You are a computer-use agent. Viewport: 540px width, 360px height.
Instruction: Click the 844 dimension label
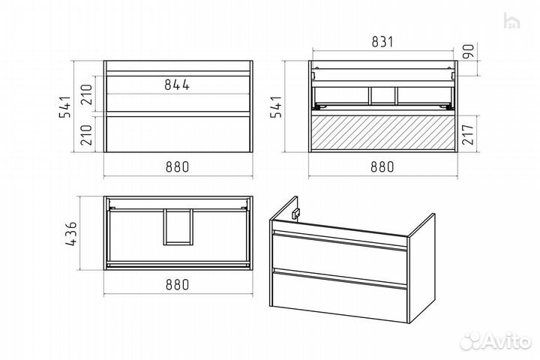point(177,85)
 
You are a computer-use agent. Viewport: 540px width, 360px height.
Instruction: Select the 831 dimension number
point(382,42)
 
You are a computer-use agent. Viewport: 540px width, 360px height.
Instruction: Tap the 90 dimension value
point(469,51)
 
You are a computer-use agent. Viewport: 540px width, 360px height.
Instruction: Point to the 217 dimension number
point(469,134)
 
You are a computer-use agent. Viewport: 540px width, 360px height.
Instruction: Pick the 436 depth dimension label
point(71,233)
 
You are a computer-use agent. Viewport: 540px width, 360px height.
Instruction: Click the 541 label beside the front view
point(64,106)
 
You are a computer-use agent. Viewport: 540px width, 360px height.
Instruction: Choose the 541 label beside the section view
point(276,106)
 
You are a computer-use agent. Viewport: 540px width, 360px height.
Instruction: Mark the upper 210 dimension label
point(86,94)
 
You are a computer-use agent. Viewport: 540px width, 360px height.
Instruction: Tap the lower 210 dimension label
point(86,134)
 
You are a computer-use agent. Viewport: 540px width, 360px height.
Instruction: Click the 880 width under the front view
point(177,167)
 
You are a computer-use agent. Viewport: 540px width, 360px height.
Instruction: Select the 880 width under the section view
point(382,167)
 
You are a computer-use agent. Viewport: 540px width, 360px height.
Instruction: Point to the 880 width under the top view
point(177,284)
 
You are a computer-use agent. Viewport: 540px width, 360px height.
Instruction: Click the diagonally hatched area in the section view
point(382,133)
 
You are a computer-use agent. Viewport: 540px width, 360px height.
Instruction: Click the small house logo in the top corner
point(511,21)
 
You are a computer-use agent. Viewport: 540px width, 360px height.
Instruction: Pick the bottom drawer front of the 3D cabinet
point(339,295)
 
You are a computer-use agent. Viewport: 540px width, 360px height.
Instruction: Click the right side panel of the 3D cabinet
point(421,268)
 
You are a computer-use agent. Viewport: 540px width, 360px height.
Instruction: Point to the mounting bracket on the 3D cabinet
point(295,214)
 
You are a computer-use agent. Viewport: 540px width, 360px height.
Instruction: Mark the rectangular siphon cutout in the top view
point(178,226)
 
